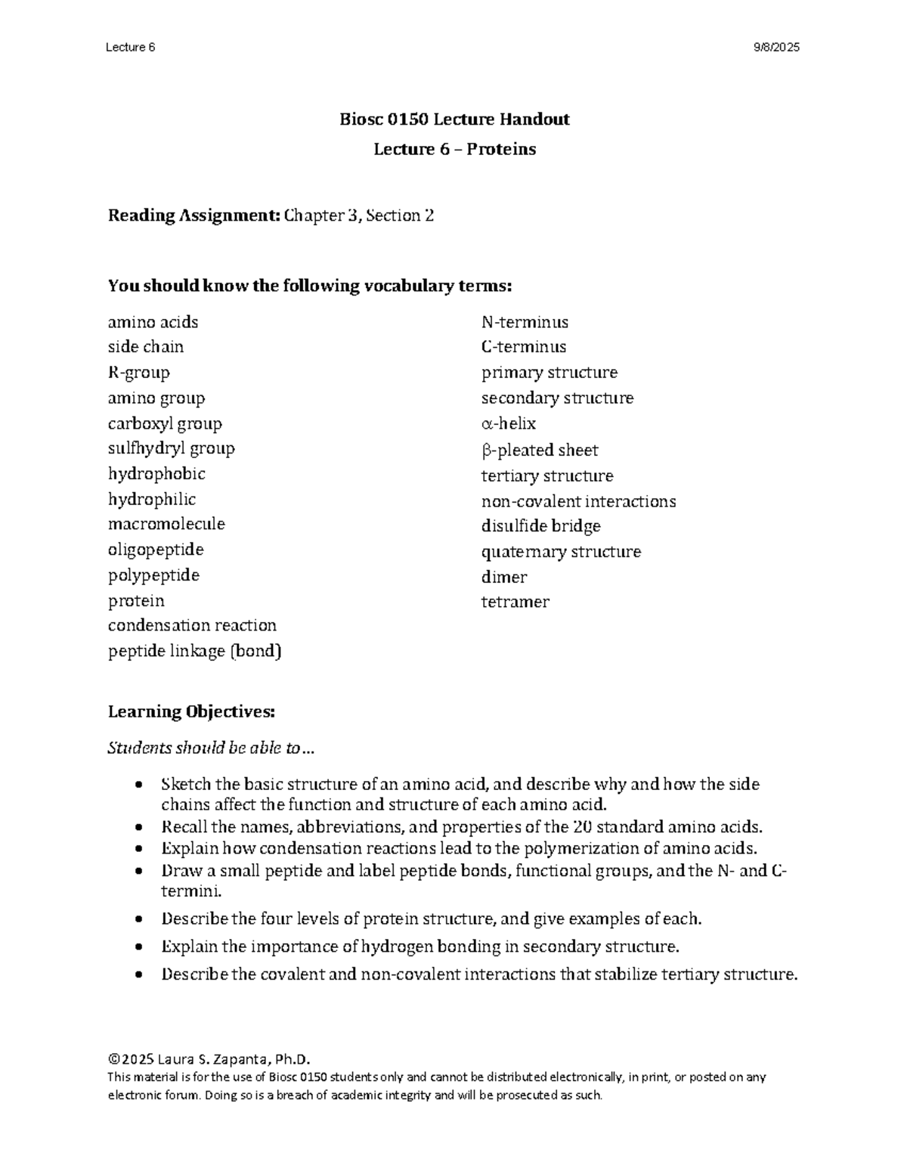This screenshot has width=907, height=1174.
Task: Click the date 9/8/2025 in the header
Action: pos(775,48)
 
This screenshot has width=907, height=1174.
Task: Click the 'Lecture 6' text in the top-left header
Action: pos(131,48)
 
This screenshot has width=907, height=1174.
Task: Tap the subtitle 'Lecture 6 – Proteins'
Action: pos(454,150)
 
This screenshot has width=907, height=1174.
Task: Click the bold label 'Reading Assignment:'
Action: pos(194,216)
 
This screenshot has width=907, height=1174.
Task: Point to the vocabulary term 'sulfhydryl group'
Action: pos(172,448)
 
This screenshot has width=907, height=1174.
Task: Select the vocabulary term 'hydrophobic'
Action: pos(156,474)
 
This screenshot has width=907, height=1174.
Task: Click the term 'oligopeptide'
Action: pos(156,550)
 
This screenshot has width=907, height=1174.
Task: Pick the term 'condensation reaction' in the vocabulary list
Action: pos(192,625)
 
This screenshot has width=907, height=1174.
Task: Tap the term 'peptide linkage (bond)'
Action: pos(195,651)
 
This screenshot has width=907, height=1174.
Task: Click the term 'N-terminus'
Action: pos(525,322)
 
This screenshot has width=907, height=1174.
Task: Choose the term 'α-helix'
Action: pos(508,423)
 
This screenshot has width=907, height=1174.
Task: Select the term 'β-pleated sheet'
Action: pos(539,451)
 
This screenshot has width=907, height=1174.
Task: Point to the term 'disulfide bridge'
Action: pos(540,526)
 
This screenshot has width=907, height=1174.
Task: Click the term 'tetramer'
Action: pos(515,602)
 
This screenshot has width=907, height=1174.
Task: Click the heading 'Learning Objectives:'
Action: pos(192,712)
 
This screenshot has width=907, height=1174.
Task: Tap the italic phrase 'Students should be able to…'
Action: pos(211,748)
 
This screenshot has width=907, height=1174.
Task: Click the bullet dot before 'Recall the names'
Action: pos(138,827)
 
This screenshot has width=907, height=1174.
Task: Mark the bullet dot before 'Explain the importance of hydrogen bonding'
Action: pos(138,947)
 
